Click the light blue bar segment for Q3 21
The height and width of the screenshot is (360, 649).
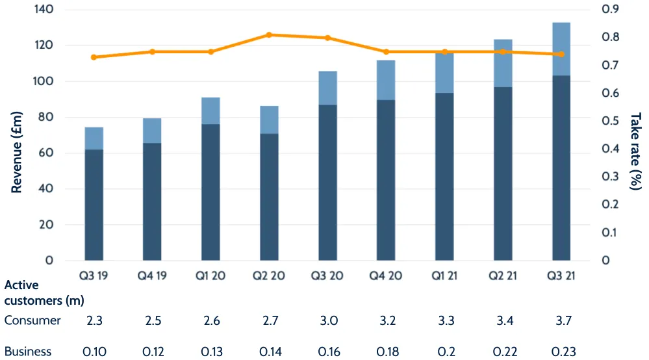coord(561,49)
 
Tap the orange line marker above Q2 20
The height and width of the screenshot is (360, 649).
coord(269,34)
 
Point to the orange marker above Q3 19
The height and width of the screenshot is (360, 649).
coord(94,57)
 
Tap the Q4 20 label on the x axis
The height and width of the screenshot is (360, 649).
coord(386,276)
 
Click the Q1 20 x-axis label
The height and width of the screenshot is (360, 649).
coord(210,276)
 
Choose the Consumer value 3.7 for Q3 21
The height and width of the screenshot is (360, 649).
coord(561,320)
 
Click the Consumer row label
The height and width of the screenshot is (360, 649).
coord(32,320)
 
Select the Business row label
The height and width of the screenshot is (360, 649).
coord(28,352)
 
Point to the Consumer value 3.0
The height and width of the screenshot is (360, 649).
coord(327,320)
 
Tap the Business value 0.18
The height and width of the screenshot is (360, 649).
coord(386,352)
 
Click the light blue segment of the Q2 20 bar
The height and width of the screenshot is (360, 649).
coord(269,120)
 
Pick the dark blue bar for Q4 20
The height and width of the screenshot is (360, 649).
coord(386,180)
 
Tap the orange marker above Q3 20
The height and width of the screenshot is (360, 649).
coord(327,38)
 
